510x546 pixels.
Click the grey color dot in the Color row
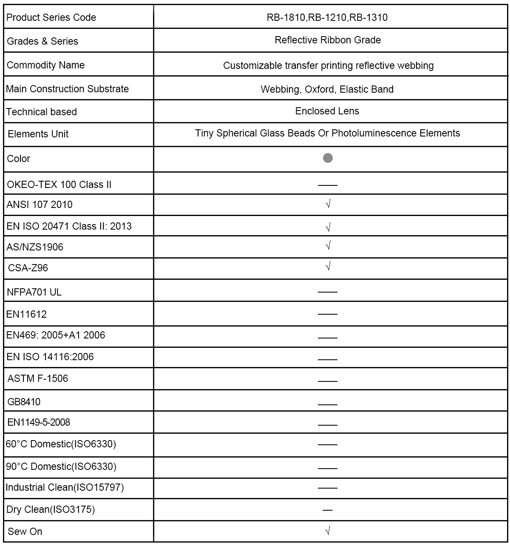click(x=328, y=158)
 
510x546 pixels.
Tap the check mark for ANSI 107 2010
click(x=328, y=204)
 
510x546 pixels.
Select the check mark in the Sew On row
click(x=328, y=530)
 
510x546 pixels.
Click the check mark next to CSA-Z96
click(x=328, y=267)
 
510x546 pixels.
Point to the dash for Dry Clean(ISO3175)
click(x=328, y=510)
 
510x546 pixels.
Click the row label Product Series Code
click(x=51, y=17)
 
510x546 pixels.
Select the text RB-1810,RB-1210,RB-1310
click(x=327, y=17)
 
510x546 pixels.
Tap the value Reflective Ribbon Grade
click(x=328, y=40)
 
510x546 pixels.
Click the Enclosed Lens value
click(x=327, y=111)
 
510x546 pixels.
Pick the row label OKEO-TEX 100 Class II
click(x=59, y=185)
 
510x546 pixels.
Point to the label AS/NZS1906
click(x=35, y=247)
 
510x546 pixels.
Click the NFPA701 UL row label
click(x=34, y=292)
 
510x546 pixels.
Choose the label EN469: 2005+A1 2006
click(x=56, y=335)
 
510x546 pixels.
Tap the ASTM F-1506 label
click(x=38, y=378)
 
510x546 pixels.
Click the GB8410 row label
click(x=24, y=402)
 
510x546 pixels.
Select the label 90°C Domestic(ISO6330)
click(x=61, y=466)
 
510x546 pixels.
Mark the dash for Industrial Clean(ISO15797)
click(x=328, y=488)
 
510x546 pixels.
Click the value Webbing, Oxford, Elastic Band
click(x=327, y=89)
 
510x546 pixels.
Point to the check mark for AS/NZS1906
click(x=328, y=246)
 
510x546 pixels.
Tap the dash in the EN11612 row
click(x=328, y=314)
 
